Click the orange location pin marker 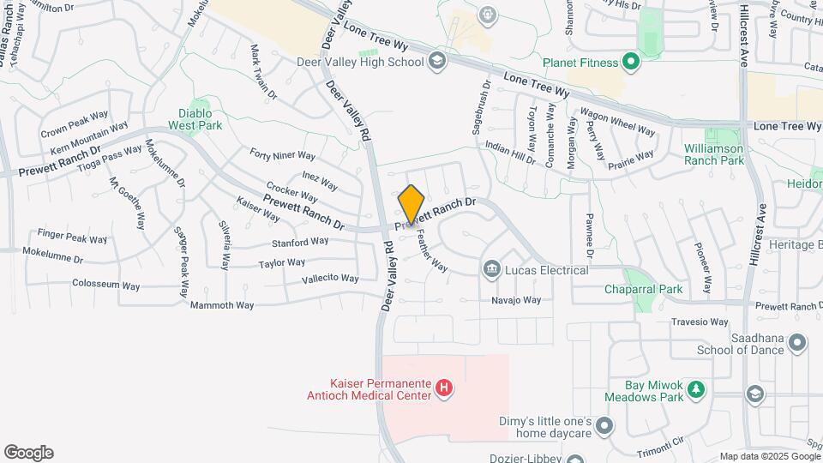411,204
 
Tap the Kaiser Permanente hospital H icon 444,389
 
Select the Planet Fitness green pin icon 632,62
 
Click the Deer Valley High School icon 436,61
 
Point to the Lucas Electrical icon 491,270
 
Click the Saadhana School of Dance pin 797,343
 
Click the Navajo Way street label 516,300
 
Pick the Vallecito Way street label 330,279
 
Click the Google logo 28,453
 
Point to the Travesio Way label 700,322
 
